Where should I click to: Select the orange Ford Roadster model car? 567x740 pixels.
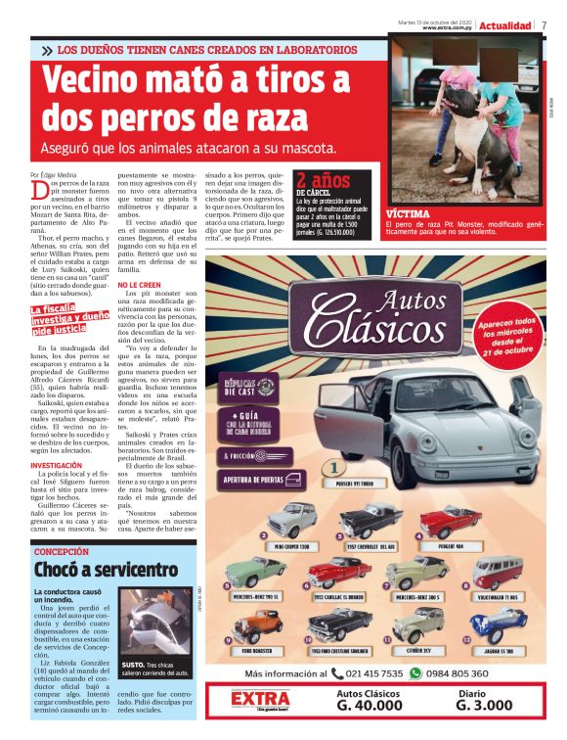(x=257, y=624)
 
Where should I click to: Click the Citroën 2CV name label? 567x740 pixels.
(x=423, y=650)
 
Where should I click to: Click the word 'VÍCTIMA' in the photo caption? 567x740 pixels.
(x=407, y=212)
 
